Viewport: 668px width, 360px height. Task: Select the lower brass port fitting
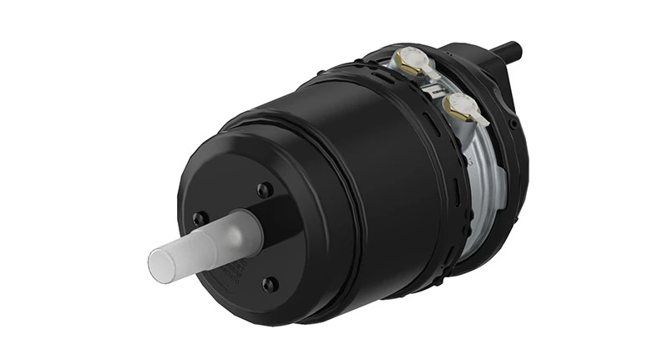point(456,105)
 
